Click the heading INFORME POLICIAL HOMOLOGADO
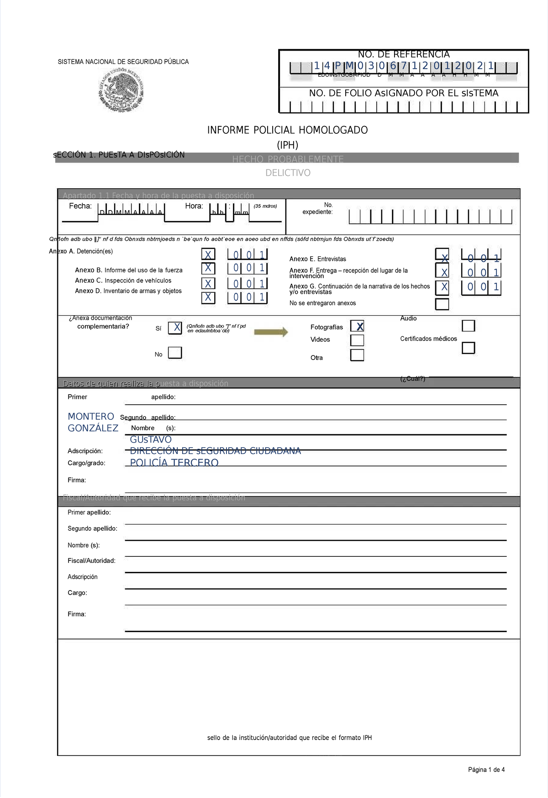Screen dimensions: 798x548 pyautogui.click(x=287, y=130)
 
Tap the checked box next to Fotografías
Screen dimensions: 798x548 pyautogui.click(x=357, y=326)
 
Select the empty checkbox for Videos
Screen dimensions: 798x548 pyautogui.click(x=357, y=340)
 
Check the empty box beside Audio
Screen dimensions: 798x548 pyautogui.click(x=468, y=326)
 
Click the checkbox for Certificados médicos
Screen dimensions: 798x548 pyautogui.click(x=468, y=348)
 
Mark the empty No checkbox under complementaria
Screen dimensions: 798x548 pyautogui.click(x=175, y=353)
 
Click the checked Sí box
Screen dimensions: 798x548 pyautogui.click(x=175, y=328)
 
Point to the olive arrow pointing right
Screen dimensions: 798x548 pyautogui.click(x=271, y=332)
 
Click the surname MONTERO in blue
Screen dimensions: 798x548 pyautogui.click(x=91, y=417)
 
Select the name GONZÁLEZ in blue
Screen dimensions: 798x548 pyautogui.click(x=93, y=428)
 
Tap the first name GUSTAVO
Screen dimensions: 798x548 pyautogui.click(x=151, y=439)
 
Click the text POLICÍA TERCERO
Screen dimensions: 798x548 pyautogui.click(x=174, y=462)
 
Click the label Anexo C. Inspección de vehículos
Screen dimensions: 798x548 pyautogui.click(x=123, y=280)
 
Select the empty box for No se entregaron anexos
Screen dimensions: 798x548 pyautogui.click(x=442, y=304)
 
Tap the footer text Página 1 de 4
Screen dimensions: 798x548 pyautogui.click(x=486, y=770)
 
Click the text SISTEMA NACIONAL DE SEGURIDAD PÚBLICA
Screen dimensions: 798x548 pyautogui.click(x=123, y=62)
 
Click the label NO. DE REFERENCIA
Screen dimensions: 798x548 pyautogui.click(x=404, y=54)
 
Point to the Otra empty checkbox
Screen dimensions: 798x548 pyautogui.click(x=357, y=355)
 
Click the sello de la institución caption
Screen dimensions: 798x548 pyautogui.click(x=289, y=738)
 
